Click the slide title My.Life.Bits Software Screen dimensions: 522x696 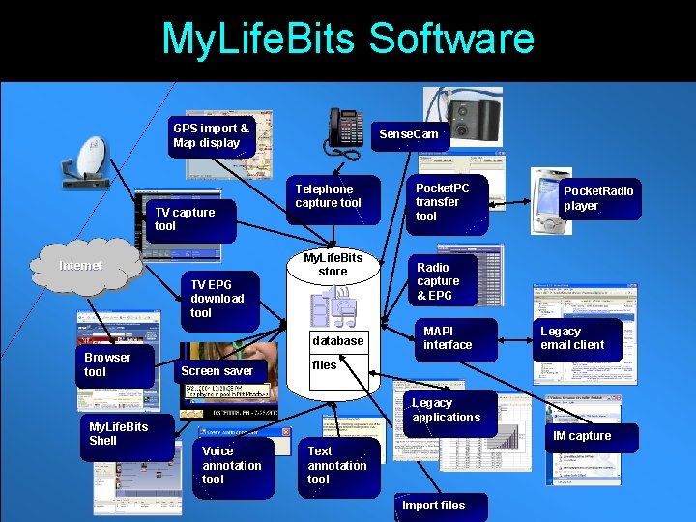[x=348, y=39]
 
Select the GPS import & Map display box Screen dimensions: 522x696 [x=212, y=136]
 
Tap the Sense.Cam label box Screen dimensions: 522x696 [x=409, y=134]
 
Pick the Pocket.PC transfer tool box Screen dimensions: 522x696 [x=446, y=202]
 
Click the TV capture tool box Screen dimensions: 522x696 [x=188, y=219]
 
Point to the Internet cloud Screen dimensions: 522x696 [x=83, y=265]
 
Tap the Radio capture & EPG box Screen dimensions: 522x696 [x=446, y=281]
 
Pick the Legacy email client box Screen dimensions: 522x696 [x=576, y=338]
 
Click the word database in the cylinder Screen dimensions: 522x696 [x=338, y=341]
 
